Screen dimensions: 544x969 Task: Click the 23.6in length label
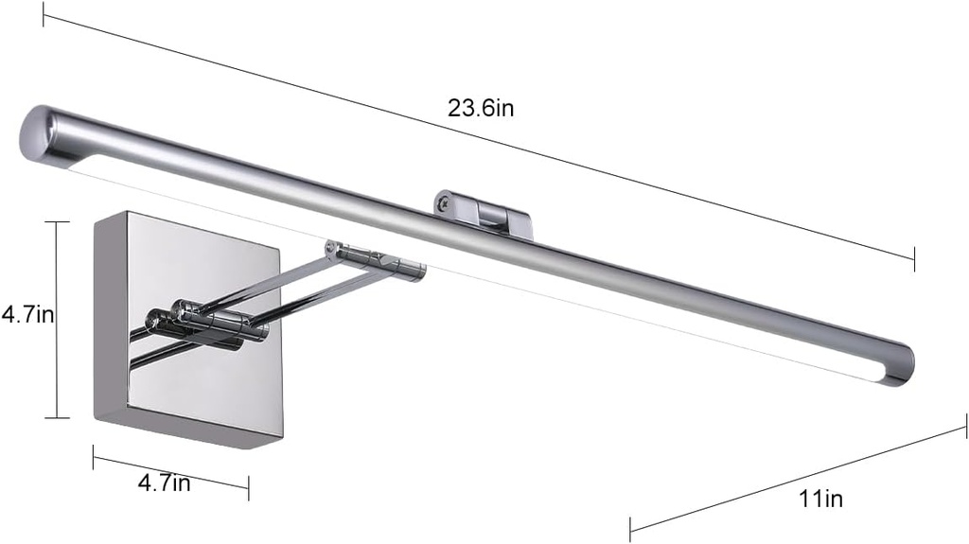click(x=481, y=108)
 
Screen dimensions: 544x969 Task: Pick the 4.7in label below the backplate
click(x=165, y=483)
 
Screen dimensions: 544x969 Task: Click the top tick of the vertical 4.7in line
click(x=57, y=221)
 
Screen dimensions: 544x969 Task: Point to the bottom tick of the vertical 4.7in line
click(x=57, y=417)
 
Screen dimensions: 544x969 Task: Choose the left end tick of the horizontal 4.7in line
click(x=93, y=458)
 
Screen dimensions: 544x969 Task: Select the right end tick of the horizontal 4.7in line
click(x=248, y=489)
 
